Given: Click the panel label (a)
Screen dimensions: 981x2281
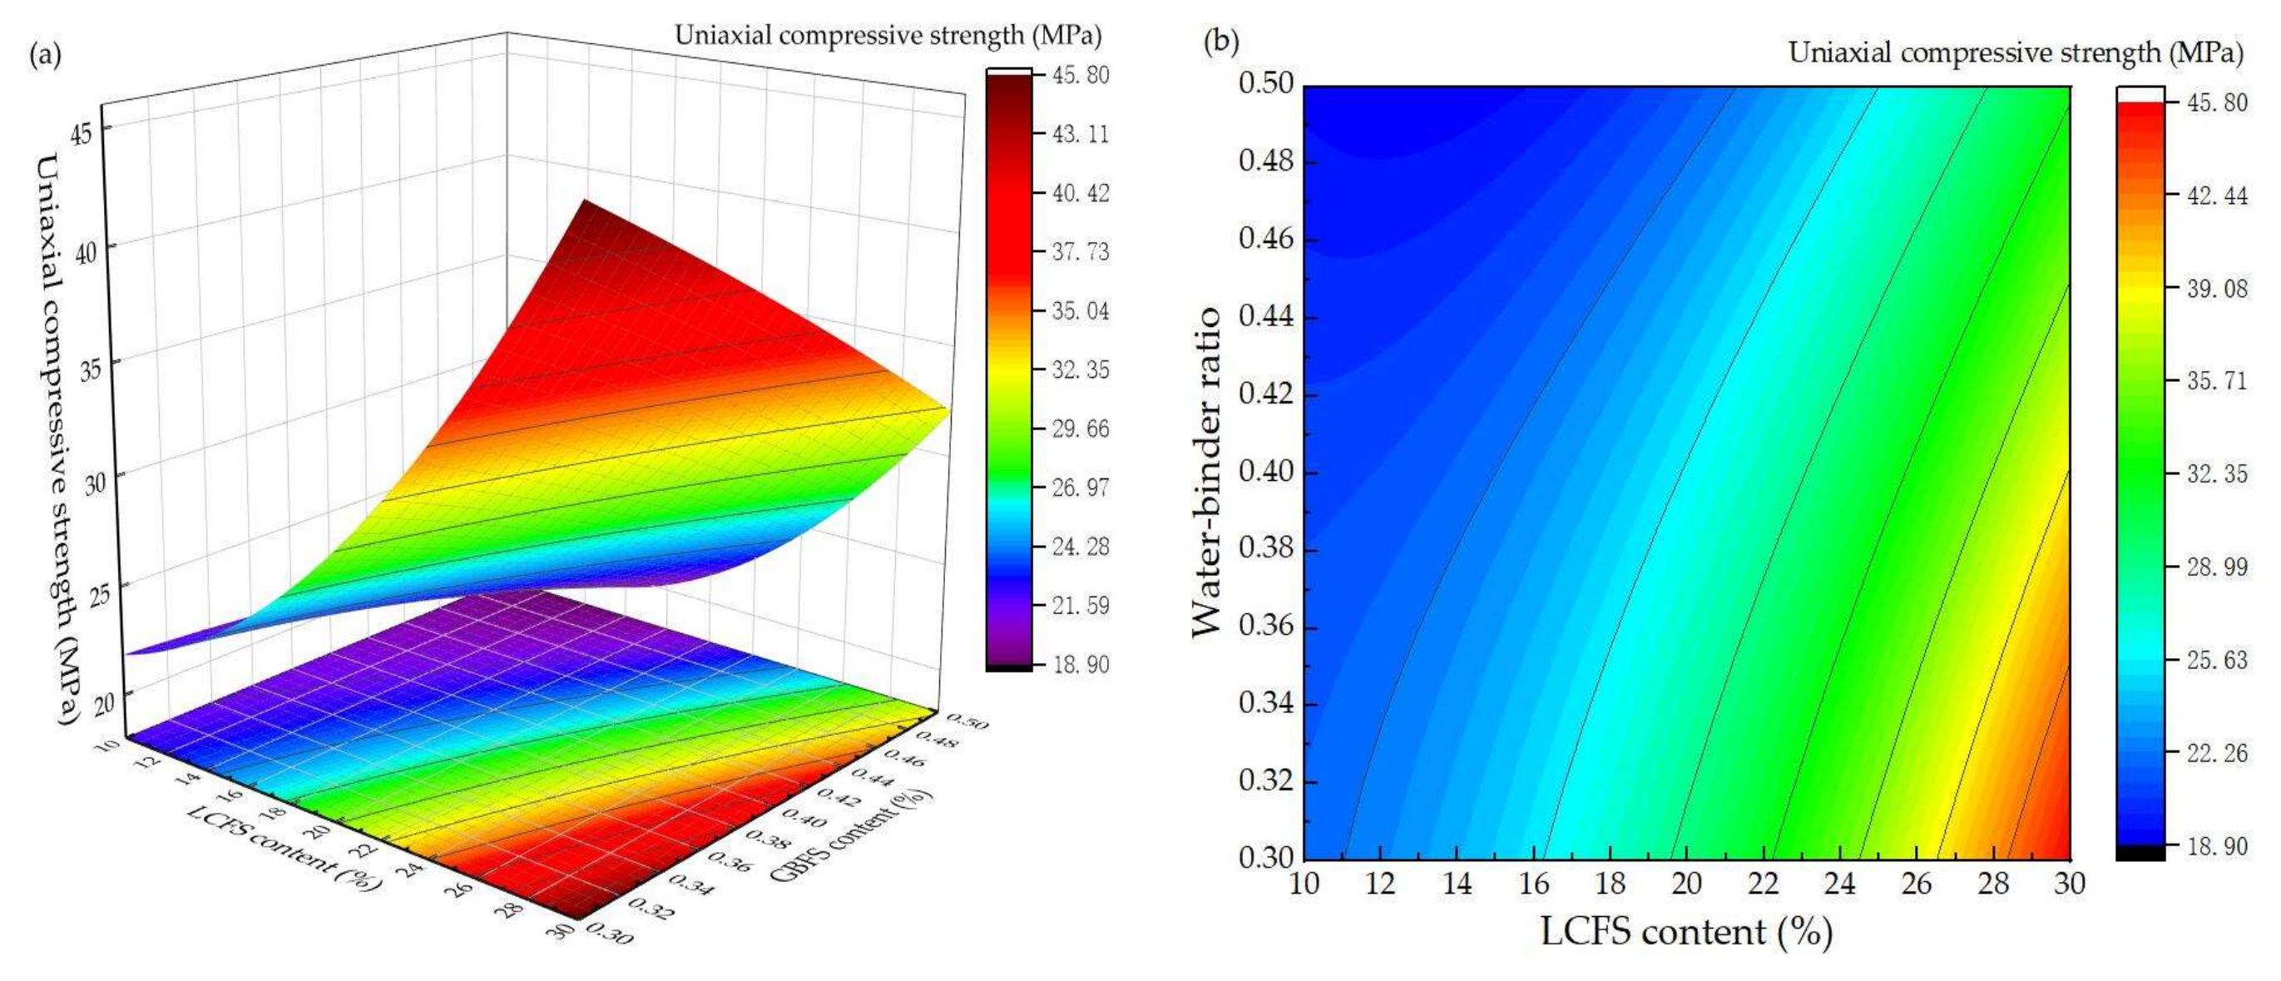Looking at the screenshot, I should pos(45,57).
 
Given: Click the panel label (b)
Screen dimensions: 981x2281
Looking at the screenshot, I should pos(1221,42).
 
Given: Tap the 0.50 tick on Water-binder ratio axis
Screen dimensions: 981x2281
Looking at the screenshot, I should pos(1265,84).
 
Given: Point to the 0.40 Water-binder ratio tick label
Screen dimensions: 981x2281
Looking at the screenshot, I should pos(1265,471).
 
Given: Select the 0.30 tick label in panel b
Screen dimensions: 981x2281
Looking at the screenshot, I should pos(1265,858).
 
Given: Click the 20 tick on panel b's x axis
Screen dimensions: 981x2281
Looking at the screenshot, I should pos(1686,884).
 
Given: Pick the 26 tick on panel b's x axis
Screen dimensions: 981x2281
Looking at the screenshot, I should pos(1916,884).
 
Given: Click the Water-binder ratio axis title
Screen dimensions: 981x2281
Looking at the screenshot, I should pos(1206,471).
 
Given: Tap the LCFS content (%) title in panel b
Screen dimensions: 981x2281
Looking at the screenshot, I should pos(1686,932).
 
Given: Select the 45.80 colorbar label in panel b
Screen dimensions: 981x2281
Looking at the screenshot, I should pos(2216,102).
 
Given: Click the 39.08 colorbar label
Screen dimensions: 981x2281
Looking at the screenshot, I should pos(2216,289).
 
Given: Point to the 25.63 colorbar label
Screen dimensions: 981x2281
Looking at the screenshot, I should pos(2216,660).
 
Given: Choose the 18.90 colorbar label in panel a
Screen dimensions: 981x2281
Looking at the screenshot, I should pos(1080,664).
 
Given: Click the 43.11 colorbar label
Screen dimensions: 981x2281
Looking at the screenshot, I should pos(1080,135).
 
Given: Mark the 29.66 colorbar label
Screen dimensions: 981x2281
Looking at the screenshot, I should pos(1080,429).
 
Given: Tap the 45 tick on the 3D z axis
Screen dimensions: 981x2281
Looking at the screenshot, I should pos(86,133).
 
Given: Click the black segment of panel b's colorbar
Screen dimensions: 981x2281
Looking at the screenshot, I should pos(2140,852).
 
